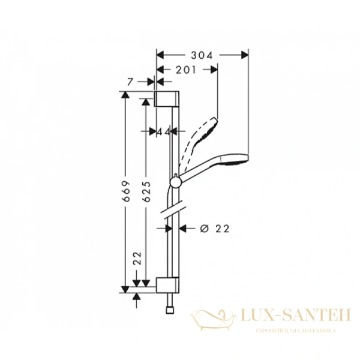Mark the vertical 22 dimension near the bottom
pos(137,259)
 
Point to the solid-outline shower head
pos(231,161)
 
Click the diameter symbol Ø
pos(203,228)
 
